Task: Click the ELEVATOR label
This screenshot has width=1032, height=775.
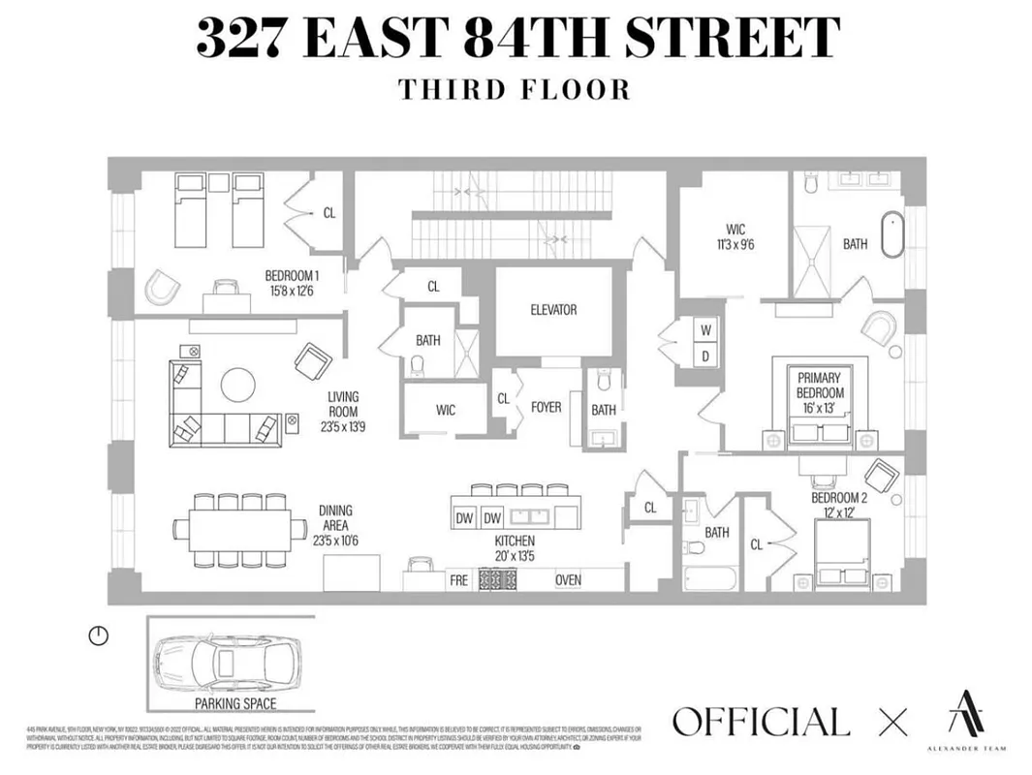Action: click(x=553, y=310)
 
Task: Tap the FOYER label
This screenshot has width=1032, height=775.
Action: click(x=546, y=408)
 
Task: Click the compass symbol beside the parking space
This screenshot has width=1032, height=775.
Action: click(x=99, y=635)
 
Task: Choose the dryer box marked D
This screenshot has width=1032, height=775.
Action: click(x=705, y=356)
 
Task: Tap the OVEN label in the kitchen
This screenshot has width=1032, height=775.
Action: click(x=568, y=580)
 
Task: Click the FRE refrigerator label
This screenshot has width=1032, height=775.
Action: click(x=459, y=580)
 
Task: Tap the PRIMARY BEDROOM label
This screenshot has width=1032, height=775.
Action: click(x=820, y=386)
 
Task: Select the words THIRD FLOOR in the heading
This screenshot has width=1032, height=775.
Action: click(x=515, y=89)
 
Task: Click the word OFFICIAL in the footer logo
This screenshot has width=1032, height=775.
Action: click(x=761, y=722)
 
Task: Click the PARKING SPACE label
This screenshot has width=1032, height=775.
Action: click(x=235, y=704)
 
